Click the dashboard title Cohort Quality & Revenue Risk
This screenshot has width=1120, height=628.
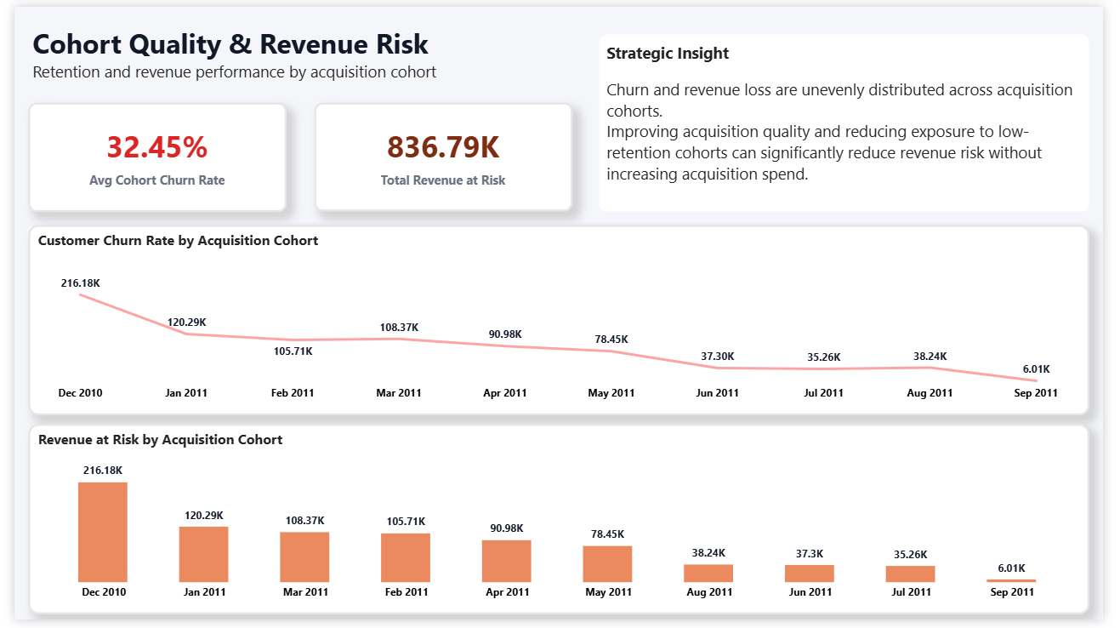pyautogui.click(x=230, y=44)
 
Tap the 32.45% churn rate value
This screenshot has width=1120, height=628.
pyautogui.click(x=157, y=147)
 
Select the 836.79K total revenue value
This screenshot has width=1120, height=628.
pyautogui.click(x=443, y=147)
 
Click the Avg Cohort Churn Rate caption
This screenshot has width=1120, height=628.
pyautogui.click(x=157, y=180)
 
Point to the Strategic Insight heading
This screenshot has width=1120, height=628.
pyautogui.click(x=668, y=54)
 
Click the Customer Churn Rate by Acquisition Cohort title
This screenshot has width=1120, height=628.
pyautogui.click(x=178, y=241)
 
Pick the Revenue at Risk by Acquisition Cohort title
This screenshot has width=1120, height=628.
pyautogui.click(x=160, y=440)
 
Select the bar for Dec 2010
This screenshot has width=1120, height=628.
pyautogui.click(x=103, y=532)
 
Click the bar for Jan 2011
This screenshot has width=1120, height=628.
pyautogui.click(x=203, y=554)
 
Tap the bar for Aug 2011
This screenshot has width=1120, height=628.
pyautogui.click(x=708, y=573)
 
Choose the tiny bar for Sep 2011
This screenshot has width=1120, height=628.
pyautogui.click(x=1011, y=580)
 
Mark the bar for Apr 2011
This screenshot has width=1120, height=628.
pyautogui.click(x=506, y=561)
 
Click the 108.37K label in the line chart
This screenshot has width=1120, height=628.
pyautogui.click(x=399, y=328)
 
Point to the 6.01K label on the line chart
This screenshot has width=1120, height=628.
pyautogui.click(x=1036, y=369)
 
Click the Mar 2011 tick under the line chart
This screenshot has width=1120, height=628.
pyautogui.click(x=398, y=393)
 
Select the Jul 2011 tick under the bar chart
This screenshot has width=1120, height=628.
pyautogui.click(x=911, y=592)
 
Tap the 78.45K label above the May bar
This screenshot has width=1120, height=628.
pyautogui.click(x=607, y=534)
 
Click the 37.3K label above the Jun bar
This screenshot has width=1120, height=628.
pyautogui.click(x=810, y=553)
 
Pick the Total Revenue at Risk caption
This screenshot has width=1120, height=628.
pyautogui.click(x=443, y=180)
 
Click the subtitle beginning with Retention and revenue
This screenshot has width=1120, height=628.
pyautogui.click(x=234, y=72)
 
